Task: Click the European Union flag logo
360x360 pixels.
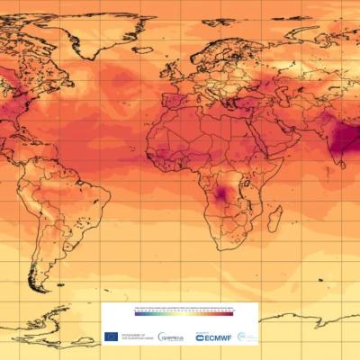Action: click(x=111, y=337)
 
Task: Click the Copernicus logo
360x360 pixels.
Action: click(x=170, y=337)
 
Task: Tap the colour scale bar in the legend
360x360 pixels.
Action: click(x=184, y=314)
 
